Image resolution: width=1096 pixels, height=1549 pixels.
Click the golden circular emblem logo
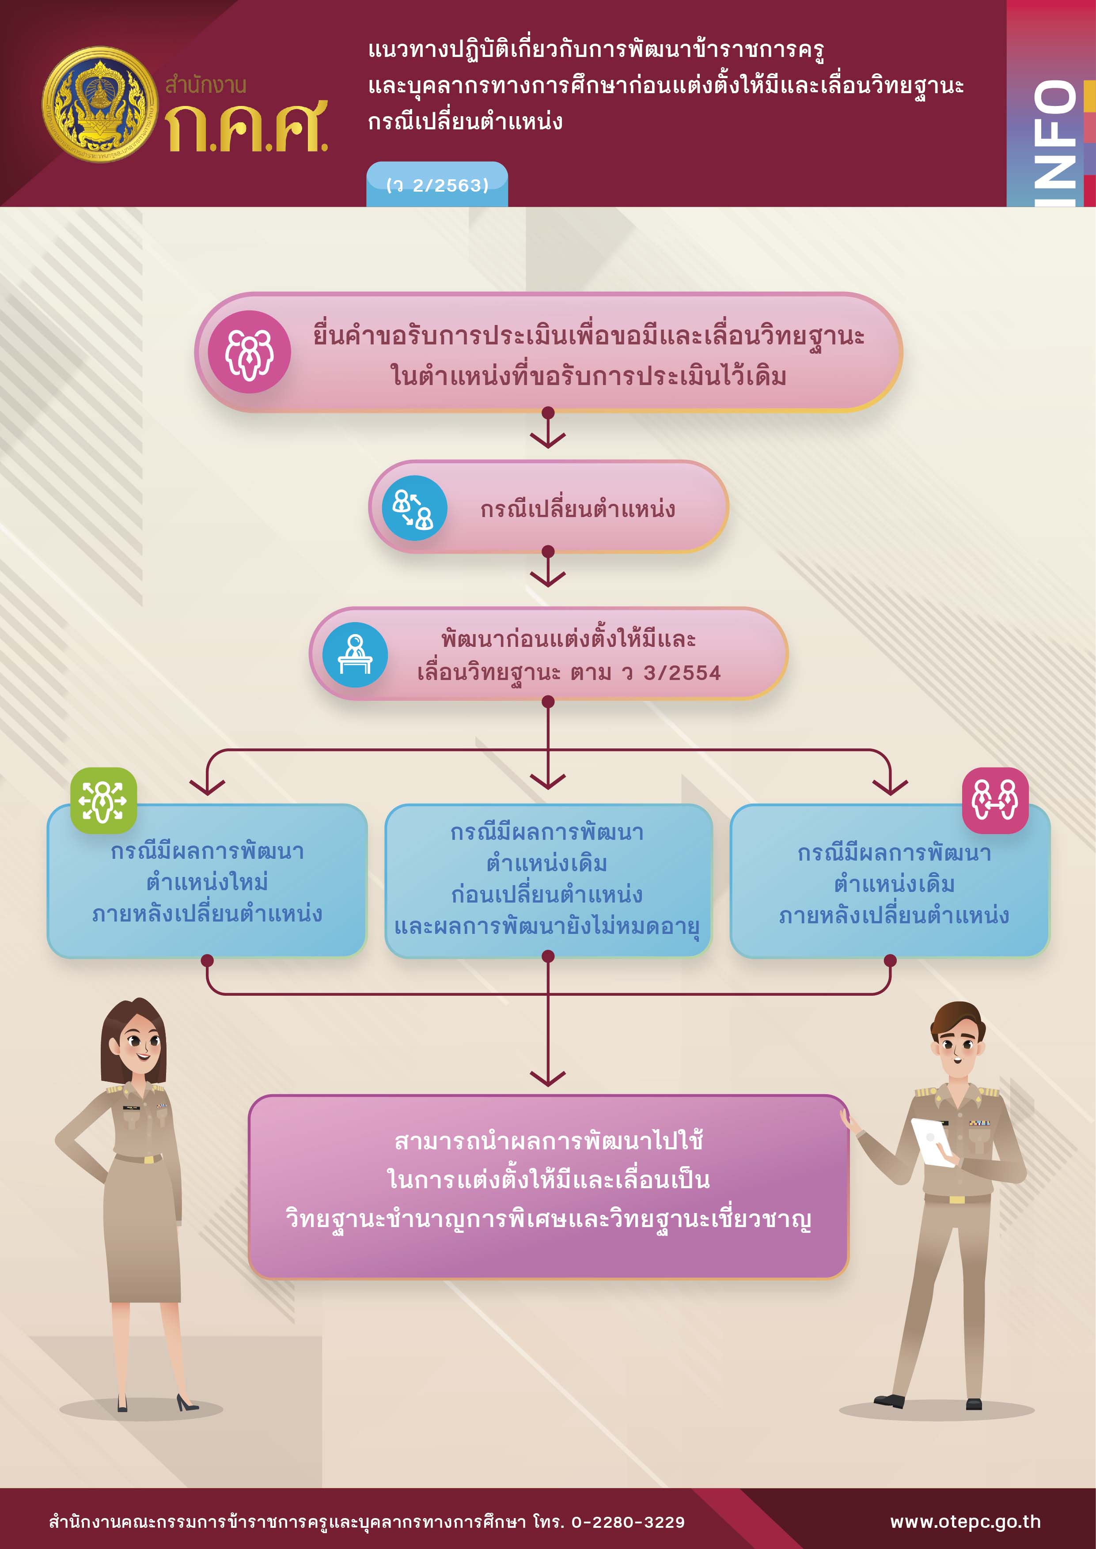(100, 105)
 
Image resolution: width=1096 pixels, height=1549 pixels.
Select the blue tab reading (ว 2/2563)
(436, 184)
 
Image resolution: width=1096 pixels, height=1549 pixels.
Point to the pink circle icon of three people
(249, 351)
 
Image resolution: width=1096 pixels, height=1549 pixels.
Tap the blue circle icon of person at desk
(355, 654)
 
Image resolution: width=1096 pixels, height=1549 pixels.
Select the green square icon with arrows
(103, 800)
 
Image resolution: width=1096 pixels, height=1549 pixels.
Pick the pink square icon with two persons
(995, 800)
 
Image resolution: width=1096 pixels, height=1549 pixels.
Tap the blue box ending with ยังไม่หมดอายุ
(548, 880)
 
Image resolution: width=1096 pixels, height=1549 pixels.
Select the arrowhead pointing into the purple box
(548, 1077)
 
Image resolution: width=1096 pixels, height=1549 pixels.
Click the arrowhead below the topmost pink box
(548, 440)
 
